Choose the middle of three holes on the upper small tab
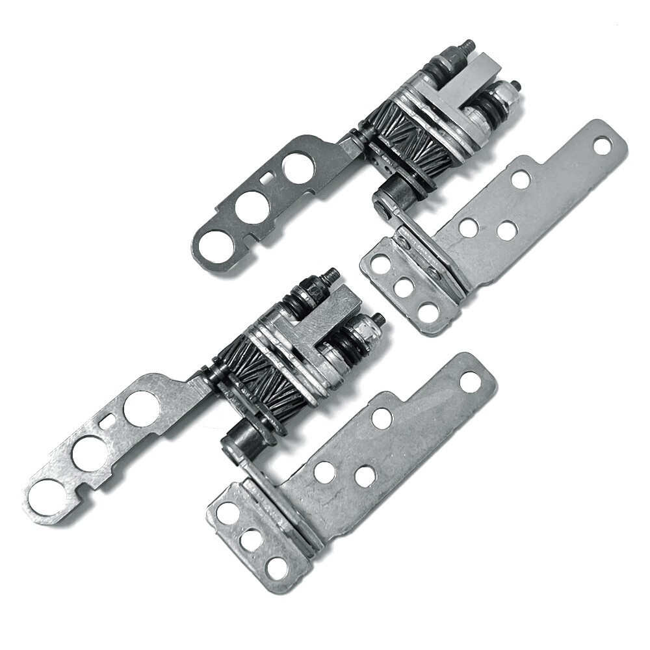pos(404,287)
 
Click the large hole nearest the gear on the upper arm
pos(298,166)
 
